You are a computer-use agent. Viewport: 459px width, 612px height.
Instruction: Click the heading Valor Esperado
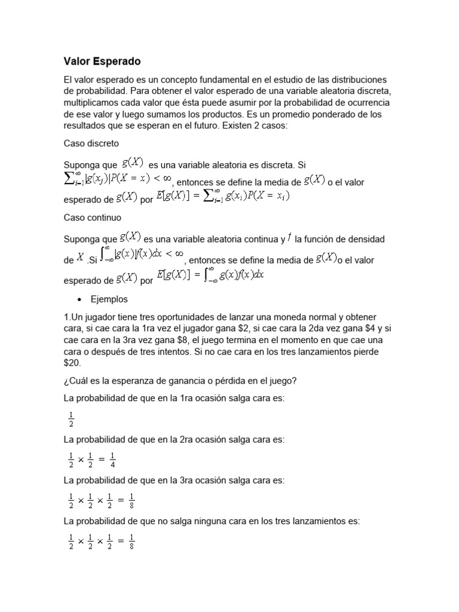(102, 62)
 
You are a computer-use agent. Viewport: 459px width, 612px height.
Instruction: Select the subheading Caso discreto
(91, 143)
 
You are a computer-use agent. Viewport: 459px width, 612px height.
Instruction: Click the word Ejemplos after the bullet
(109, 299)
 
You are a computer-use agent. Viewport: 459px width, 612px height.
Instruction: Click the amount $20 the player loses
(72, 362)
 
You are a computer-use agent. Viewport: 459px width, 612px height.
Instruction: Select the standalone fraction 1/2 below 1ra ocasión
(72, 419)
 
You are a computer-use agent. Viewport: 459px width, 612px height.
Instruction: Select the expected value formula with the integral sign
(210, 276)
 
